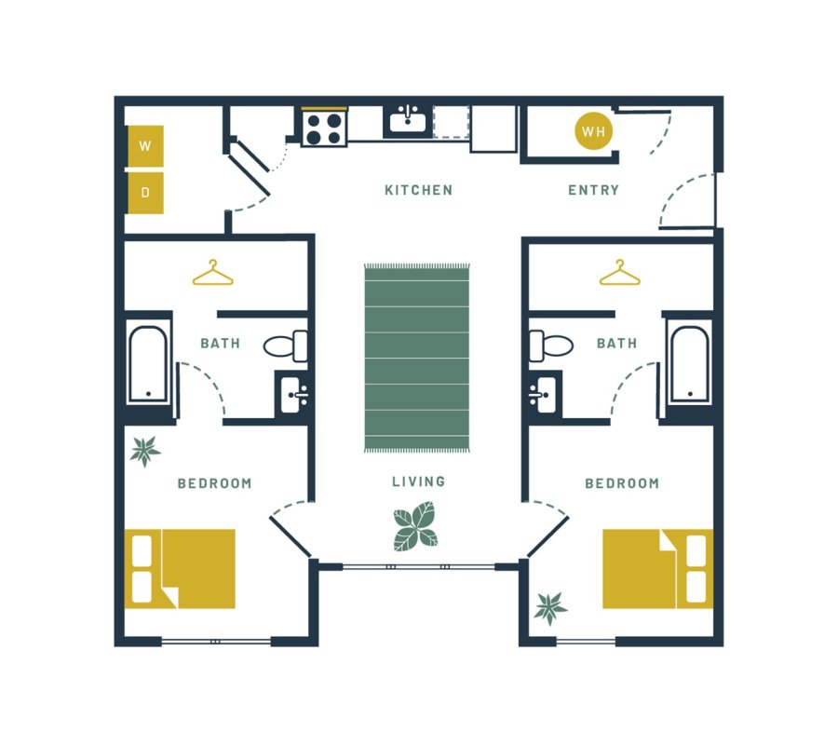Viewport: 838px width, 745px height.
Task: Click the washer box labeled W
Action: (x=145, y=146)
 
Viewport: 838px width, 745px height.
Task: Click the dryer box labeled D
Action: (x=145, y=193)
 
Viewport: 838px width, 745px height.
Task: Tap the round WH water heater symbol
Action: (x=593, y=131)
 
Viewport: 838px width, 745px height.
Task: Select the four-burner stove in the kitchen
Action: (x=323, y=128)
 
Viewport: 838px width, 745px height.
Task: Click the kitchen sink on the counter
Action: (x=406, y=121)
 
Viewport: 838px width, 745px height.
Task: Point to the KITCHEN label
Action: (x=418, y=190)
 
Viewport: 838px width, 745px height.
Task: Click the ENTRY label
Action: (x=593, y=190)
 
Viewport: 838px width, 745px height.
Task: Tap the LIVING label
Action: (x=418, y=481)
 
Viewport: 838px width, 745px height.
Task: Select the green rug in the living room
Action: (x=417, y=359)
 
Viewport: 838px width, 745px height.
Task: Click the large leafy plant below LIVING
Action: (x=415, y=526)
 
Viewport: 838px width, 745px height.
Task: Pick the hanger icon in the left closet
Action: (x=213, y=273)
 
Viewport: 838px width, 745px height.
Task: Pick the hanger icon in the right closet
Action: (x=619, y=273)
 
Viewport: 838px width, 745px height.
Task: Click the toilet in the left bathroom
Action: (x=287, y=345)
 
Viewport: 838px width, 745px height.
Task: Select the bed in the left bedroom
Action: (x=180, y=568)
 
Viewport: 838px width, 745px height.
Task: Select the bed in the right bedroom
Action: (x=657, y=568)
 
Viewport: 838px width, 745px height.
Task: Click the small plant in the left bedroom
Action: (x=144, y=452)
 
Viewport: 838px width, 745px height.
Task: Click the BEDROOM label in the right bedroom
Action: (x=621, y=483)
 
